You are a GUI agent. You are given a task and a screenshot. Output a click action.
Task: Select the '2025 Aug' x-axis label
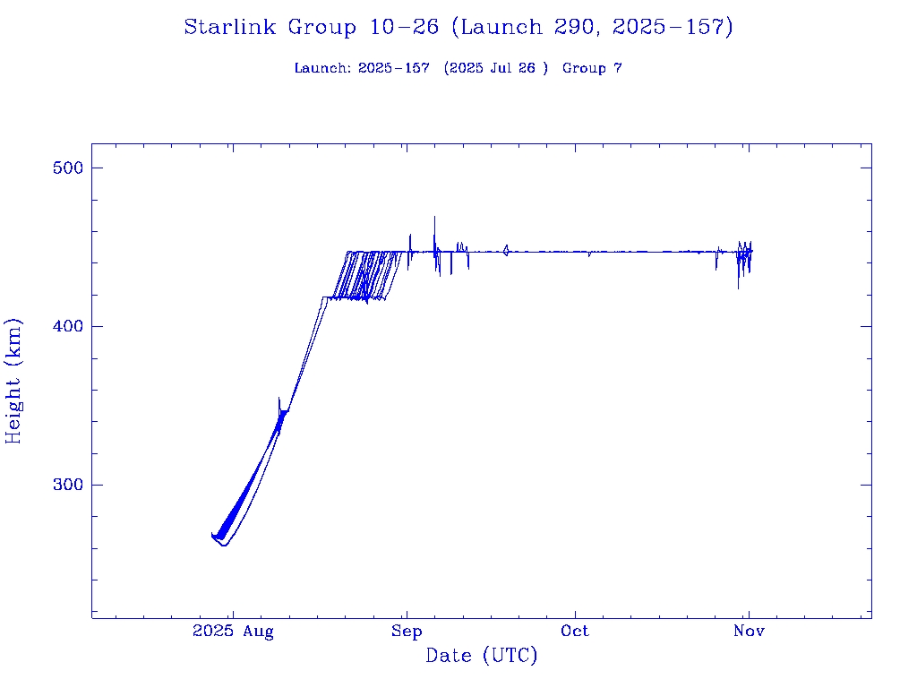233,632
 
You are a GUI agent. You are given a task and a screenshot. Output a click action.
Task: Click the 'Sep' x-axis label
407,632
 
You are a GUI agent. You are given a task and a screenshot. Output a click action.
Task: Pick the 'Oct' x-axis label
575,632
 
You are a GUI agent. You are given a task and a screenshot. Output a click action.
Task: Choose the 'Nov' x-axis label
749,632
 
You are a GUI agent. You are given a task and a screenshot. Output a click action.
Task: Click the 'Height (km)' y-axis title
14,381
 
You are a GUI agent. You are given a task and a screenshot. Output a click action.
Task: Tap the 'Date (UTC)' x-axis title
482,657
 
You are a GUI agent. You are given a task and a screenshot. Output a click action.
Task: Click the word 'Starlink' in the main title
231,28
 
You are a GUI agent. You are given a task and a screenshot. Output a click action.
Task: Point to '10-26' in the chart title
404,28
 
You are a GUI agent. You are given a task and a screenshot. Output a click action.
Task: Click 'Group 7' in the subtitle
592,69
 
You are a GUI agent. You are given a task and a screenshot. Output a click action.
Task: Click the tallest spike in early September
434,218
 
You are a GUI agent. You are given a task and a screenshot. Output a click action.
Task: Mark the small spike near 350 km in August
279,400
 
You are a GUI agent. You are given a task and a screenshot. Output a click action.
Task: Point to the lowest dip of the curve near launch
224,545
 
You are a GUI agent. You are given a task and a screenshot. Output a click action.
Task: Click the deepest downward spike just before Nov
738,288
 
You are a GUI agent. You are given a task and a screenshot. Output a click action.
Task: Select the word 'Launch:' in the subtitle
322,69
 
